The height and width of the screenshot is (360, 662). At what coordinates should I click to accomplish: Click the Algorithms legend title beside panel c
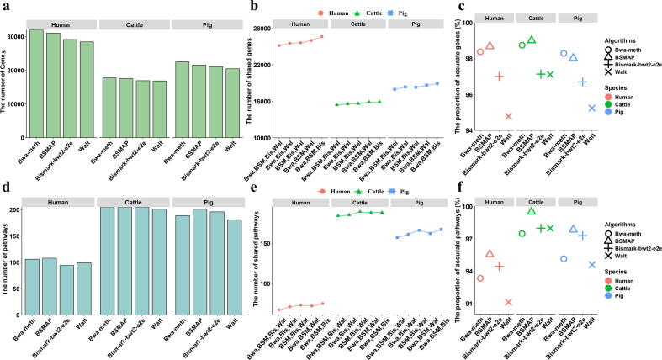pos(621,39)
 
